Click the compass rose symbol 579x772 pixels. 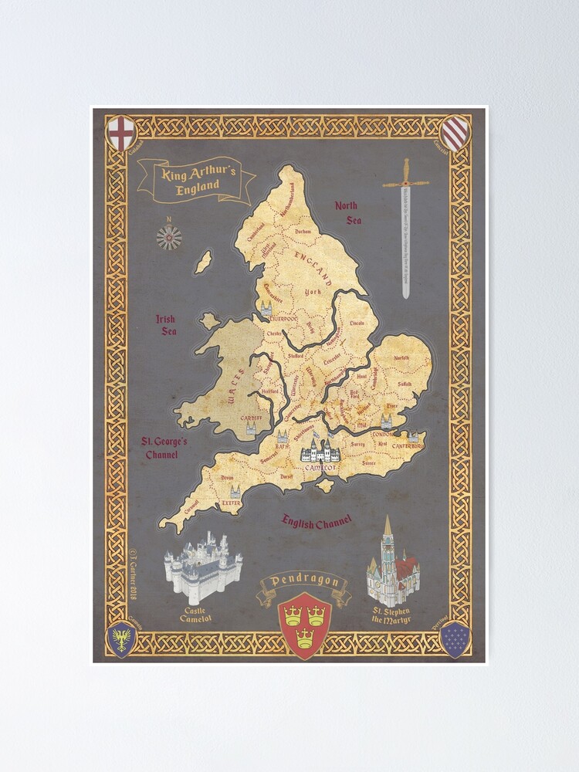click(x=168, y=237)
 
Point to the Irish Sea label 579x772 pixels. click(x=166, y=325)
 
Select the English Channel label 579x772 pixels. click(x=317, y=522)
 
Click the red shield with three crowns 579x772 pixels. click(x=304, y=624)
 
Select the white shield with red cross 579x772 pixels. click(x=120, y=133)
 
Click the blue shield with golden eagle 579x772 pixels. click(x=121, y=639)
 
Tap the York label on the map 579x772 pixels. click(x=313, y=293)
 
